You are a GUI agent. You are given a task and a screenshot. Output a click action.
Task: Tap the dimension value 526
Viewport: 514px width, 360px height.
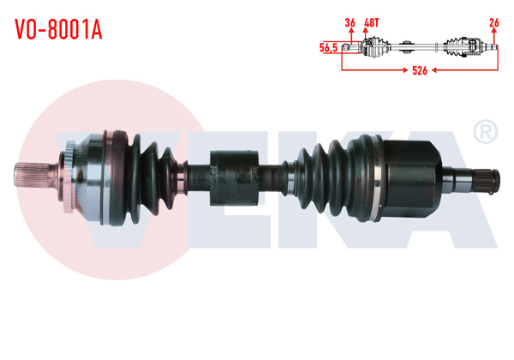coord(419,71)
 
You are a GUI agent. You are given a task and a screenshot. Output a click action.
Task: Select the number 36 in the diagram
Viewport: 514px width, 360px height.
coord(350,22)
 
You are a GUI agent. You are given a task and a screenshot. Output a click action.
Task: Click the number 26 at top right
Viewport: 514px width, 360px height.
coord(494,22)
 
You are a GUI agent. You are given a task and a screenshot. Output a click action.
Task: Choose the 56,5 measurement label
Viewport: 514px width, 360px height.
coord(328,48)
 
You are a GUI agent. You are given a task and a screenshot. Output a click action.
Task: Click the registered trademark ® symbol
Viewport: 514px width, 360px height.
coord(485,132)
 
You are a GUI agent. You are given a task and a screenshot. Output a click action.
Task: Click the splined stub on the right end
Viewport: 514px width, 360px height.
coord(482,180)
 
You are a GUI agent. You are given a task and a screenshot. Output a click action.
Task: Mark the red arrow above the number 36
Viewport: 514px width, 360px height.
coord(350,34)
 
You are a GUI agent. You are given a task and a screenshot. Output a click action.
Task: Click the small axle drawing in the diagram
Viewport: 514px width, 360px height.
coord(420,48)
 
